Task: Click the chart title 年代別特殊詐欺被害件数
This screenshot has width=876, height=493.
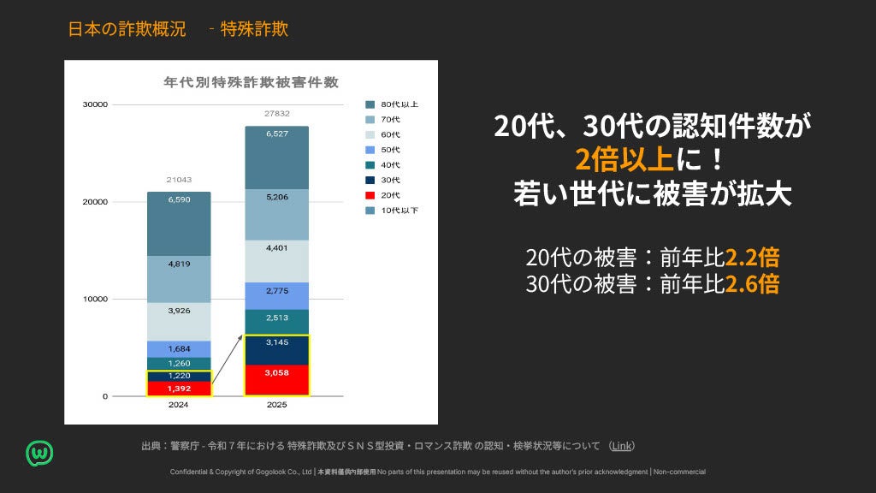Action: (x=251, y=82)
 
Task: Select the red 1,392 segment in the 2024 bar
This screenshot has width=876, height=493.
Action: (x=179, y=389)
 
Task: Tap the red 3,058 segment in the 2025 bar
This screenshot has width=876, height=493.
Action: (x=276, y=380)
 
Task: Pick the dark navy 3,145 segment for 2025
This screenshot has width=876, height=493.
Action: (x=276, y=350)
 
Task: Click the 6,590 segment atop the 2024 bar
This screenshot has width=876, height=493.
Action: (x=179, y=224)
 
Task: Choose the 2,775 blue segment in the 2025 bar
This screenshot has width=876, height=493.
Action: (x=276, y=295)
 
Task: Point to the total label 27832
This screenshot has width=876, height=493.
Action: (x=277, y=114)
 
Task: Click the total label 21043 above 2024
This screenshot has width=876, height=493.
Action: (x=179, y=180)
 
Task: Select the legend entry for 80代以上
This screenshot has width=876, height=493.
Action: (x=392, y=104)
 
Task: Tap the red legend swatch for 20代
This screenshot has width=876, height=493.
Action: (x=370, y=195)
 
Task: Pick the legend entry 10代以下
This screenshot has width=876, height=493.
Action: (x=392, y=211)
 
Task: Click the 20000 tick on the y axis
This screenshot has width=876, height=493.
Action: (x=95, y=202)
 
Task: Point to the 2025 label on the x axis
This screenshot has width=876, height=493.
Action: (x=276, y=405)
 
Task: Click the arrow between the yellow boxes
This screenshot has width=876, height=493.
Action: (x=228, y=359)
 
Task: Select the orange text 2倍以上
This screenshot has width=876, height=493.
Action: (x=624, y=159)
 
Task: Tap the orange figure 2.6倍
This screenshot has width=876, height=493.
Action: (x=752, y=284)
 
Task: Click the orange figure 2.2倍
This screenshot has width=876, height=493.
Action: (x=752, y=257)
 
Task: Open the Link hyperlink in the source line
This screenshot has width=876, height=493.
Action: (x=621, y=446)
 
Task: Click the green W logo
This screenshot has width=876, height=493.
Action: (x=39, y=454)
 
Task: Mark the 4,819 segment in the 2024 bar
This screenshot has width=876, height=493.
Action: (x=179, y=280)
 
